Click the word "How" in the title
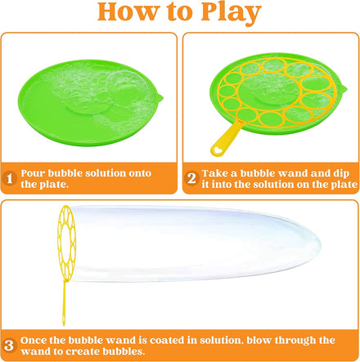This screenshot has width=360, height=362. pyautogui.click(x=127, y=14)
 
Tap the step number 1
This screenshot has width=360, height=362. pyautogui.click(x=9, y=178)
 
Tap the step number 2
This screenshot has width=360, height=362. pyautogui.click(x=191, y=178)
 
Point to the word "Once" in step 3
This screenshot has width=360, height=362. pyautogui.click(x=36, y=340)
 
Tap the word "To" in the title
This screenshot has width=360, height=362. pyautogui.click(x=173, y=14)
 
